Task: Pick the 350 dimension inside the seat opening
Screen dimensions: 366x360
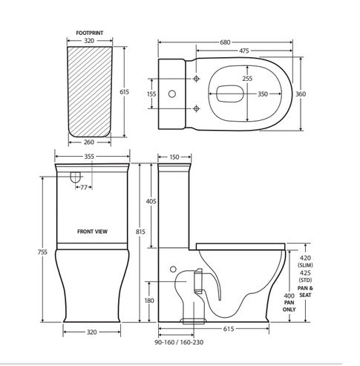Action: pos(262,96)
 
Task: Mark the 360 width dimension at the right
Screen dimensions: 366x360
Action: pos(322,94)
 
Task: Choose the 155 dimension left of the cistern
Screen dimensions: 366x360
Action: pos(151,94)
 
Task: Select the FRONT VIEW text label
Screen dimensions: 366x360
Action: pos(92,231)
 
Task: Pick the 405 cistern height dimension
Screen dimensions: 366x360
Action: pos(151,201)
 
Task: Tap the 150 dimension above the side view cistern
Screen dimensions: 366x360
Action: pos(174,157)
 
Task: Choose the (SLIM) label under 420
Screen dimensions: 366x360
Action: pos(305,265)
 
